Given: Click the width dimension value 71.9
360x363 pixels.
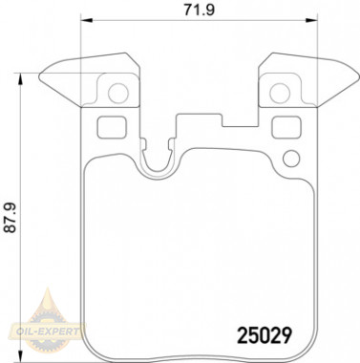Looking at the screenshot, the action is point(200,10).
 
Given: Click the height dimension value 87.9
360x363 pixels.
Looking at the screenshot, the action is point(11,218).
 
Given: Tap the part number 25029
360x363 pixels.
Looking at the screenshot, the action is point(265,336).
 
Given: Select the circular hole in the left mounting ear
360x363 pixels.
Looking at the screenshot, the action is point(118,93).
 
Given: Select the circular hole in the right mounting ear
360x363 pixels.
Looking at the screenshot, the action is point(280,93).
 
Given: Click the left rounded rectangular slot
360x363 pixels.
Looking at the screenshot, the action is point(112,127).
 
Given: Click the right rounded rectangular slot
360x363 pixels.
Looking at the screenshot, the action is point(286,127).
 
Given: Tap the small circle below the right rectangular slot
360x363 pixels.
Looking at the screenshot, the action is point(291,159).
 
